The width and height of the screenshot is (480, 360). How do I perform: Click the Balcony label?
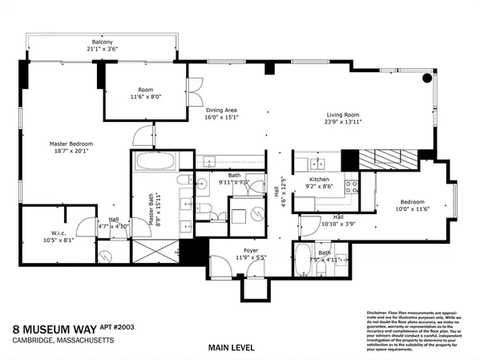click(x=102, y=42)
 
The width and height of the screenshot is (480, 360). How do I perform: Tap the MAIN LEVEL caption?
click(x=232, y=347)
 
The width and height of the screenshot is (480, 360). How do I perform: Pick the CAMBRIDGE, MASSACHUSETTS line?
click(x=63, y=341)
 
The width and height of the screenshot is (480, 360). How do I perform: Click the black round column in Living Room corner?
click(x=426, y=79)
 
